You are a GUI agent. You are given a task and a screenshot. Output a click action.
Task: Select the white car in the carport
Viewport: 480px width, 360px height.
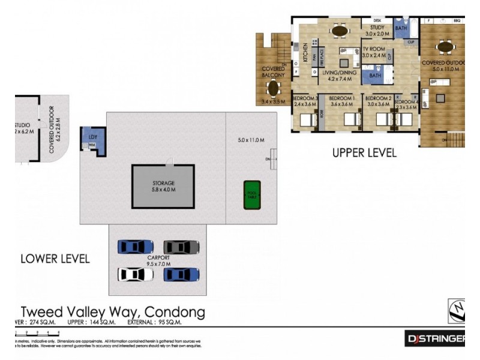point(135,274)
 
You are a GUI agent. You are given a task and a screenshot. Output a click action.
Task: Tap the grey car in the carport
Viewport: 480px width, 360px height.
point(181,247)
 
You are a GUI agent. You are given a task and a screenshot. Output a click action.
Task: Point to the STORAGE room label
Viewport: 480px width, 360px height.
point(163,183)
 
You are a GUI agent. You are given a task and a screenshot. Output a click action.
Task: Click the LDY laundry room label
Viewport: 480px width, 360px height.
point(92,137)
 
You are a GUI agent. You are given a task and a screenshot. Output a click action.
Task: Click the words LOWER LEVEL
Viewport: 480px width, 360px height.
point(55,259)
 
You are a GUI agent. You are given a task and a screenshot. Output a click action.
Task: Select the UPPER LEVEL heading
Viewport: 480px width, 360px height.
point(364,153)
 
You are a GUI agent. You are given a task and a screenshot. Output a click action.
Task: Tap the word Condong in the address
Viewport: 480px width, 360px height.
point(175,312)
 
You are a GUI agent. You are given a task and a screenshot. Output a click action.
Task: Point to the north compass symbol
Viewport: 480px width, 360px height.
point(457,310)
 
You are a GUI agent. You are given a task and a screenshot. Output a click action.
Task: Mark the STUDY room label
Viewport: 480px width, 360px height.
point(377,27)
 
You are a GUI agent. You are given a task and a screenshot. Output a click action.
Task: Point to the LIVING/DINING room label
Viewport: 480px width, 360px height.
point(340,73)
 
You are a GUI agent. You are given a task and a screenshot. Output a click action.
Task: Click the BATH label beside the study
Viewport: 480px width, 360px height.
point(401,28)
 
